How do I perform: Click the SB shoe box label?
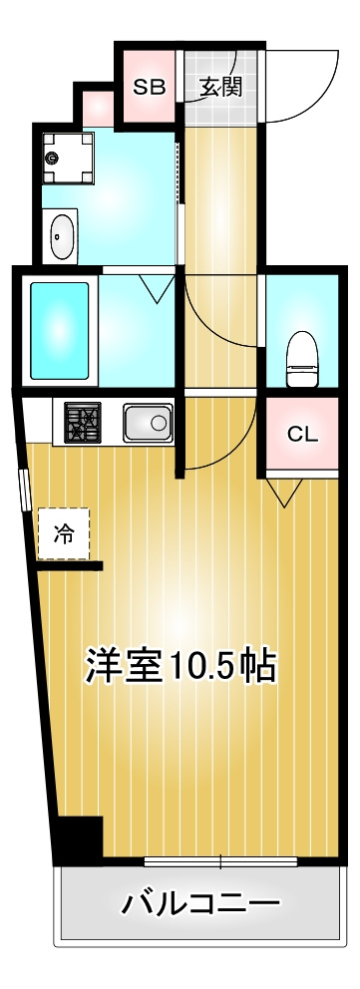pyautogui.click(x=149, y=87)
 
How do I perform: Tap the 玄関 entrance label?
pyautogui.click(x=219, y=87)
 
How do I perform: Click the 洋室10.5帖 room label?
pyautogui.click(x=180, y=665)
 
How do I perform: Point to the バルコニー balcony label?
pyautogui.click(x=199, y=904)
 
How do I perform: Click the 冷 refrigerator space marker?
pyautogui.click(x=64, y=534)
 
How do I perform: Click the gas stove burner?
pyautogui.click(x=83, y=423)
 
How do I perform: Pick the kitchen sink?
pyautogui.click(x=148, y=424)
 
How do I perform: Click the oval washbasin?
pyautogui.click(x=63, y=236)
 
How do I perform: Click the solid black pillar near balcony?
pyautogui.click(x=78, y=840)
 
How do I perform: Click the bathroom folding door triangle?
pyautogui.click(x=155, y=289)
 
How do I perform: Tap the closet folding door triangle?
pyautogui.click(x=283, y=492)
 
